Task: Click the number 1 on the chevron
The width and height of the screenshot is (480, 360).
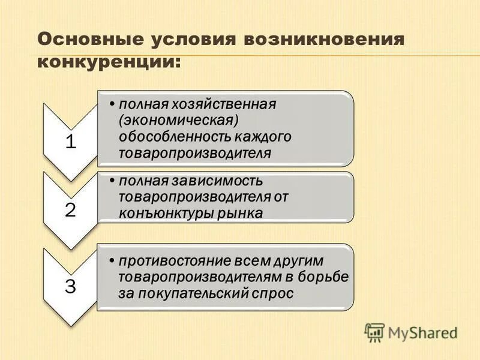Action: coord(71,142)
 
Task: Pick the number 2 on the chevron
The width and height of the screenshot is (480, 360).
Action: coord(71,211)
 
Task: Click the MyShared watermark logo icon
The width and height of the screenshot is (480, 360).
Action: coord(375,332)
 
